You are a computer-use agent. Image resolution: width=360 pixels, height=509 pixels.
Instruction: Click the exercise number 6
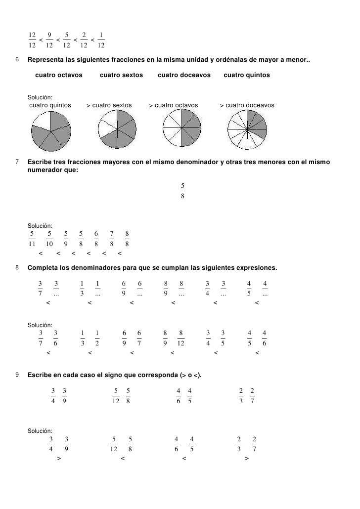(17, 60)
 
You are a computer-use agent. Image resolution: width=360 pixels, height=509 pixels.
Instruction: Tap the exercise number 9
(17, 375)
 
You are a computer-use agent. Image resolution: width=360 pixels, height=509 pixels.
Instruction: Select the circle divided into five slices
(51, 130)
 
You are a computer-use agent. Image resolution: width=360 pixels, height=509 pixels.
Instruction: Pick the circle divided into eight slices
(182, 128)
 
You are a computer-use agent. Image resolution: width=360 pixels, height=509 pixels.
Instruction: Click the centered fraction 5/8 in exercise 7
(182, 190)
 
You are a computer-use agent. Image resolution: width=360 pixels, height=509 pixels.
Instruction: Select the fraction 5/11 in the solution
(32, 238)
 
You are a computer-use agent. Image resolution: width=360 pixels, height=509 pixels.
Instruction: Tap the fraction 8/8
(127, 238)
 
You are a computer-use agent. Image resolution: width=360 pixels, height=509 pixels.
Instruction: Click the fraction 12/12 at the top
(32, 40)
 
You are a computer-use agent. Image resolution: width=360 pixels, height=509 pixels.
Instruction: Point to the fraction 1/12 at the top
(101, 40)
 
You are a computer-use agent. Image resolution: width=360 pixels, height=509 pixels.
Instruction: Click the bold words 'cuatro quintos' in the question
(247, 75)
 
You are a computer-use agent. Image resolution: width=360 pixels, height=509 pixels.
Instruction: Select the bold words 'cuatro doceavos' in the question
(184, 75)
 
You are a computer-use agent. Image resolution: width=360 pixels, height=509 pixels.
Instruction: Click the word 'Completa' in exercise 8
(43, 268)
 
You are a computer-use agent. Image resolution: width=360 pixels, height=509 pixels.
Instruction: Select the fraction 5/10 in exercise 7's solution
(49, 238)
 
